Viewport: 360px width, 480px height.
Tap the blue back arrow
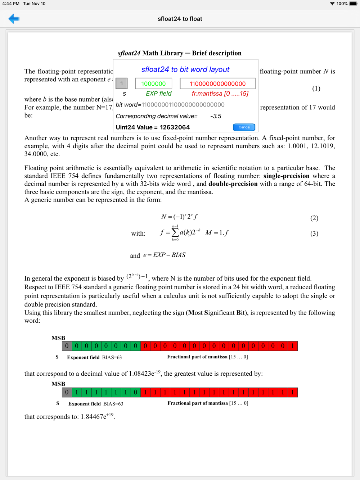coord(14,19)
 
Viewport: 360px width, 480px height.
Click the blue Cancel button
coord(244,127)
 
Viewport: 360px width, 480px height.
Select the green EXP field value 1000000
coord(153,83)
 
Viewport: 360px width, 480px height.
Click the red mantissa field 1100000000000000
coord(217,83)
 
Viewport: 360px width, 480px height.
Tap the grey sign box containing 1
coord(122,83)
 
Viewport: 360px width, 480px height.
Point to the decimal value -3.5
coord(216,116)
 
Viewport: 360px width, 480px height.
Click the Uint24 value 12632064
coord(175,127)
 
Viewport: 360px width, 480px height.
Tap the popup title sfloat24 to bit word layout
coord(185,69)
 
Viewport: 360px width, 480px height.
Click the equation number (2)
coord(314,218)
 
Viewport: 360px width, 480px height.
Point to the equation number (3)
coord(314,233)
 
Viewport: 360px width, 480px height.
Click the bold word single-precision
coord(286,176)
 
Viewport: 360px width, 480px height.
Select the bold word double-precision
coord(233,184)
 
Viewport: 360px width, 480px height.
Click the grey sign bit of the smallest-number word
coord(67,346)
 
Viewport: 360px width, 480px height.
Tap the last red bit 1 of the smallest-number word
coord(293,346)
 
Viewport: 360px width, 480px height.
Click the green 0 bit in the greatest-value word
coord(135,392)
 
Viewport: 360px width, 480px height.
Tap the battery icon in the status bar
coord(353,4)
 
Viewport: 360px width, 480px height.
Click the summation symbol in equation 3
coord(175,232)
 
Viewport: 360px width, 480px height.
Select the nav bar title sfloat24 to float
coord(180,19)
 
